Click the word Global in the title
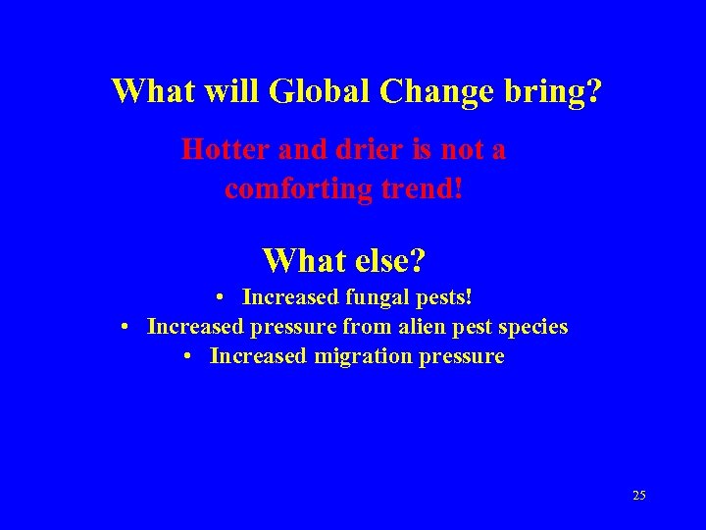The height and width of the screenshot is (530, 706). [x=319, y=91]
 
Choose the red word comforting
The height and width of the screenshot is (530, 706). [x=290, y=186]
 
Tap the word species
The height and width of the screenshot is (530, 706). [x=534, y=327]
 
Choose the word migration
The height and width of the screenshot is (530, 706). [x=363, y=356]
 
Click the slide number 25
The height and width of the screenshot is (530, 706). [x=638, y=496]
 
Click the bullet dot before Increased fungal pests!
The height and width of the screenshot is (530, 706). [x=224, y=296]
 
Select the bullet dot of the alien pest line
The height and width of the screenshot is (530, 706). [x=127, y=326]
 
